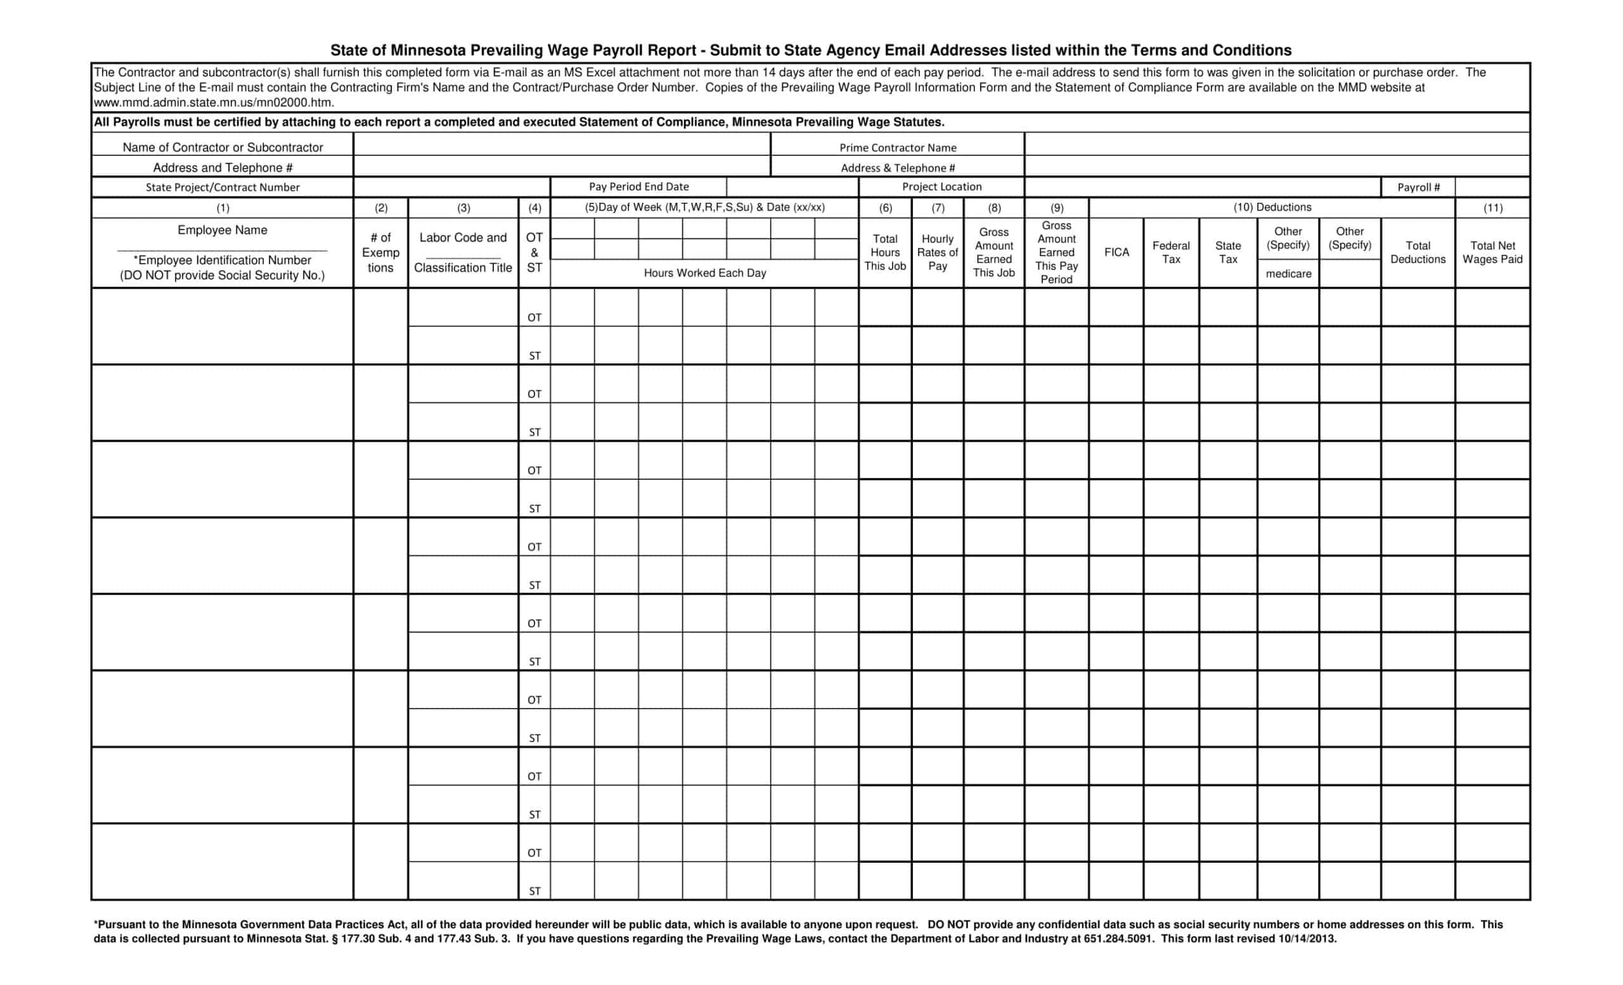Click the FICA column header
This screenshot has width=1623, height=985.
[1116, 252]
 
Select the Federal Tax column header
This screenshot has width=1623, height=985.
[1170, 252]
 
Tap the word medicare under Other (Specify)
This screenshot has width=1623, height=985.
[1288, 274]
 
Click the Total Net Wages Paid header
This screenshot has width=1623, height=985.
[1492, 252]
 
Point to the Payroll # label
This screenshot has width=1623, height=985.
[1418, 188]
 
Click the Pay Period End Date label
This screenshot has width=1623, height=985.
[638, 187]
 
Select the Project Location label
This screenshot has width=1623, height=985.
[941, 187]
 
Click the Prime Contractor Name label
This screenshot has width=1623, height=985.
[897, 148]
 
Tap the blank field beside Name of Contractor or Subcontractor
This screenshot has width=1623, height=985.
[561, 145]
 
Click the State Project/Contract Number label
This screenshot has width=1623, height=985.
[223, 188]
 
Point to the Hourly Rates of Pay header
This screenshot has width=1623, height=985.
[937, 252]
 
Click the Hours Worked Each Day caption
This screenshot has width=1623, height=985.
[705, 273]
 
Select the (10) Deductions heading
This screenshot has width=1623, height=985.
[1272, 207]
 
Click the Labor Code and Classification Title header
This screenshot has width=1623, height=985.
[463, 252]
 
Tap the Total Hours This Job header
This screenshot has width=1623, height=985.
[884, 252]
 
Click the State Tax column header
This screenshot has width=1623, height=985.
[1228, 252]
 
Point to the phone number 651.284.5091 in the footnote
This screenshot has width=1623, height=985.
[1118, 939]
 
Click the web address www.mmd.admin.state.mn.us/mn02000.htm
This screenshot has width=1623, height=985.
[214, 103]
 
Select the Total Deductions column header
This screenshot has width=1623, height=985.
[1418, 252]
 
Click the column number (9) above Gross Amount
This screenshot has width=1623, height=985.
[1056, 208]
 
